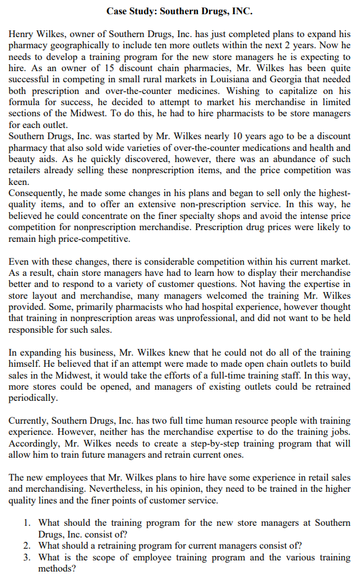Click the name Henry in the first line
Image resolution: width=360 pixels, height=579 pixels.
click(22, 33)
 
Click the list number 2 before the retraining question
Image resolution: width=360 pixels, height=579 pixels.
click(28, 545)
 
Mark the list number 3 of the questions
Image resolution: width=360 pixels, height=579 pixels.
click(28, 556)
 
